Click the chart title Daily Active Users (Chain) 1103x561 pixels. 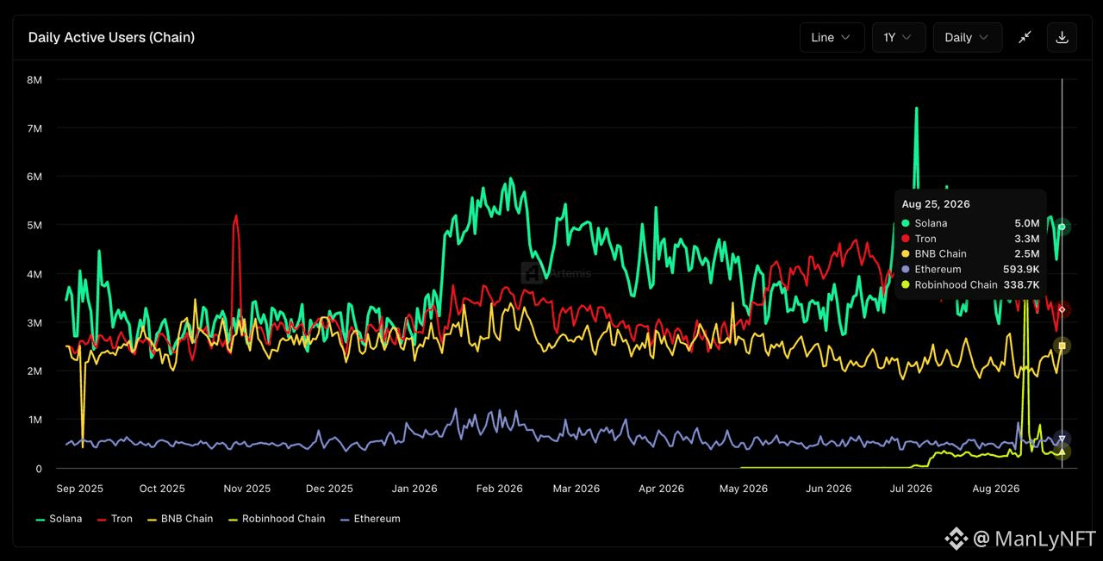pos(111,37)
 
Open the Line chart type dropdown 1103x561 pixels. pos(832,37)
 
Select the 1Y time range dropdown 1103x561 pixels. pos(899,37)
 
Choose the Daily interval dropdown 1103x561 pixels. pos(968,37)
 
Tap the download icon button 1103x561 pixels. pos(1062,37)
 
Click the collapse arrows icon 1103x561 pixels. pos(1025,37)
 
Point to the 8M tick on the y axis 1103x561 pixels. pos(34,80)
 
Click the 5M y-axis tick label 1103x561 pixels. pos(34,225)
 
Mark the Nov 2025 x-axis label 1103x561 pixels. pos(247,489)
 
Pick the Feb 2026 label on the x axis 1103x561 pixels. pos(499,489)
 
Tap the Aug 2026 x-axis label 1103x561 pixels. pos(995,489)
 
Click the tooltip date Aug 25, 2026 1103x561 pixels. pos(936,204)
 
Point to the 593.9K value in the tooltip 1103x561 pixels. pos(1021,270)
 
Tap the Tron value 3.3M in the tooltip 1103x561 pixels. pos(1027,239)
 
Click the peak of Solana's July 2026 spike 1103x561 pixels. pos(916,108)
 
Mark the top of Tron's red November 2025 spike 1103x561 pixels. pos(236,215)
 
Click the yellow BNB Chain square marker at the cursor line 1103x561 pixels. pos(1062,346)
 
